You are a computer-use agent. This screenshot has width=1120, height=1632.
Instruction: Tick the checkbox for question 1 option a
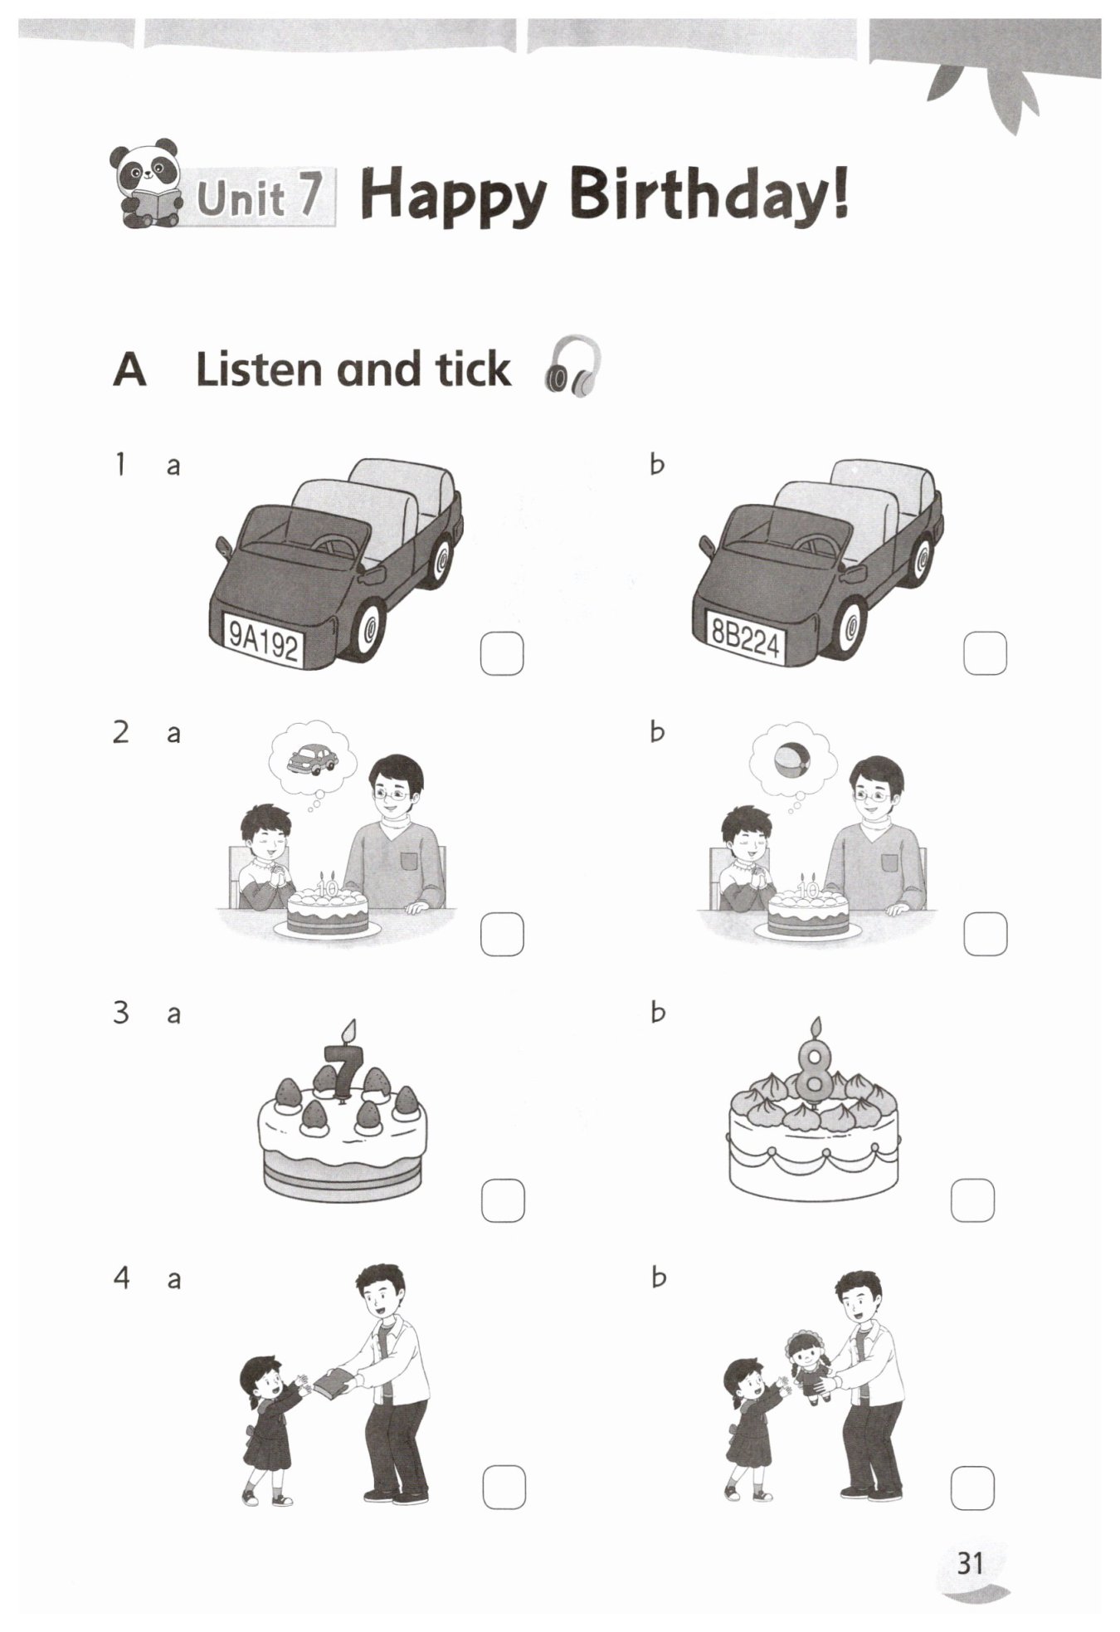(x=502, y=654)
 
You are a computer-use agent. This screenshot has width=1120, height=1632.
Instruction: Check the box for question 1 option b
(x=985, y=653)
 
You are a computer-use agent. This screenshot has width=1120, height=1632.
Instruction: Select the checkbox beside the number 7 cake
(x=503, y=1200)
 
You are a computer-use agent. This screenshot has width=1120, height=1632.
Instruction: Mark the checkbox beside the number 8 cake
(x=972, y=1200)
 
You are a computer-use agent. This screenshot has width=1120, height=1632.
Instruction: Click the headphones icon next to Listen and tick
(x=572, y=365)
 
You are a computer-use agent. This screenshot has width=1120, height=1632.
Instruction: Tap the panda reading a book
(x=146, y=187)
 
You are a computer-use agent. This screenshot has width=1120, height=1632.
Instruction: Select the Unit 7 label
(x=260, y=198)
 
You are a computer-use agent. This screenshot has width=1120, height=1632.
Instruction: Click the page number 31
(x=969, y=1563)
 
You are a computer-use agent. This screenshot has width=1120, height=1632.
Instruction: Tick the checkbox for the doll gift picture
(x=972, y=1488)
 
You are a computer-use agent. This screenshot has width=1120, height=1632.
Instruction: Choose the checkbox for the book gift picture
(x=504, y=1488)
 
